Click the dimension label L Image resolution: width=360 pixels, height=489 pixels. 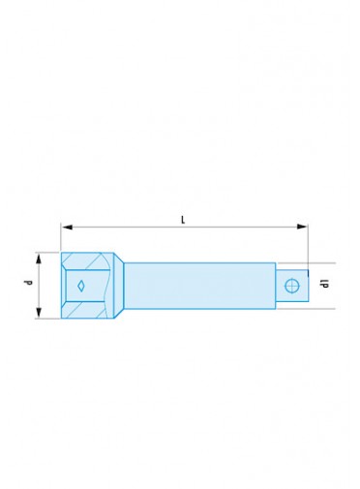183,220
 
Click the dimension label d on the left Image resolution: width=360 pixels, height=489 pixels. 29,283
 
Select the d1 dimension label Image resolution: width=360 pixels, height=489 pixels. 324,284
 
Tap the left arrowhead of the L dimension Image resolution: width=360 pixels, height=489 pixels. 67,228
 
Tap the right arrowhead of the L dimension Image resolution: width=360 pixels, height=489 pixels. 302,227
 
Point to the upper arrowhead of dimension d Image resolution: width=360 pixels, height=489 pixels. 39,259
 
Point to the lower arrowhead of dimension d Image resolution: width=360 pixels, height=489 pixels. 39,313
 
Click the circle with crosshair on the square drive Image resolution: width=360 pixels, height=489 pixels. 292,286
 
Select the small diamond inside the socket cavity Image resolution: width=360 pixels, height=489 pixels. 81,286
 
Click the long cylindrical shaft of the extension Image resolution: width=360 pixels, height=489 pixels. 200,286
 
